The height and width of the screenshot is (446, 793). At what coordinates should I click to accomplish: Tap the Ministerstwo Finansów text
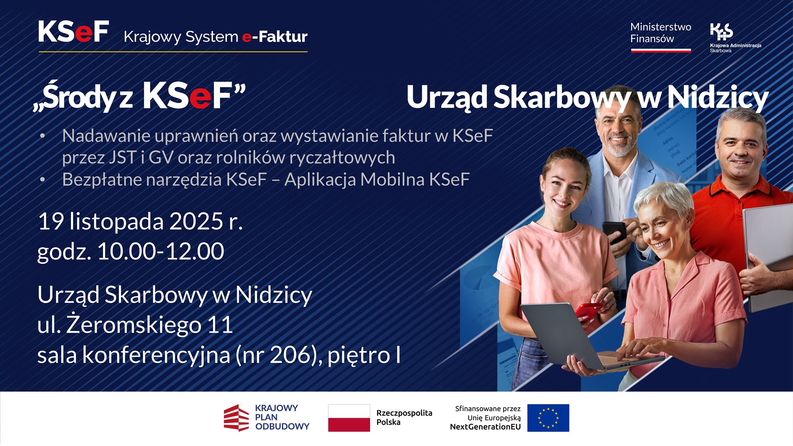click(x=660, y=33)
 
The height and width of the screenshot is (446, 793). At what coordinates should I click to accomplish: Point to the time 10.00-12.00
click(x=161, y=251)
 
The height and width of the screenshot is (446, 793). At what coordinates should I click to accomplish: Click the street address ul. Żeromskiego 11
click(x=135, y=325)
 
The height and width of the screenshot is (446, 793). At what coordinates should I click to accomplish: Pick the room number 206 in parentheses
click(x=290, y=355)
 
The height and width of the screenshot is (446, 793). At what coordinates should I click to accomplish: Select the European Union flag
click(x=548, y=418)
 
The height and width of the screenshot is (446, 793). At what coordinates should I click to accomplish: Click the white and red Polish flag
click(x=349, y=418)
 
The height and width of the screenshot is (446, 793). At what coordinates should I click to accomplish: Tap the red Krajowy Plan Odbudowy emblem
click(x=236, y=418)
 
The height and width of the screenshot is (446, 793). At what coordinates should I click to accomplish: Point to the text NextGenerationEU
click(x=485, y=427)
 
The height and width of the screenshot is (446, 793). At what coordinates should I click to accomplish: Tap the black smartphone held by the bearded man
click(x=614, y=232)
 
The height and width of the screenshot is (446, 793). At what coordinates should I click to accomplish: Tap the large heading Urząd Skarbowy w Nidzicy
click(x=587, y=97)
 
